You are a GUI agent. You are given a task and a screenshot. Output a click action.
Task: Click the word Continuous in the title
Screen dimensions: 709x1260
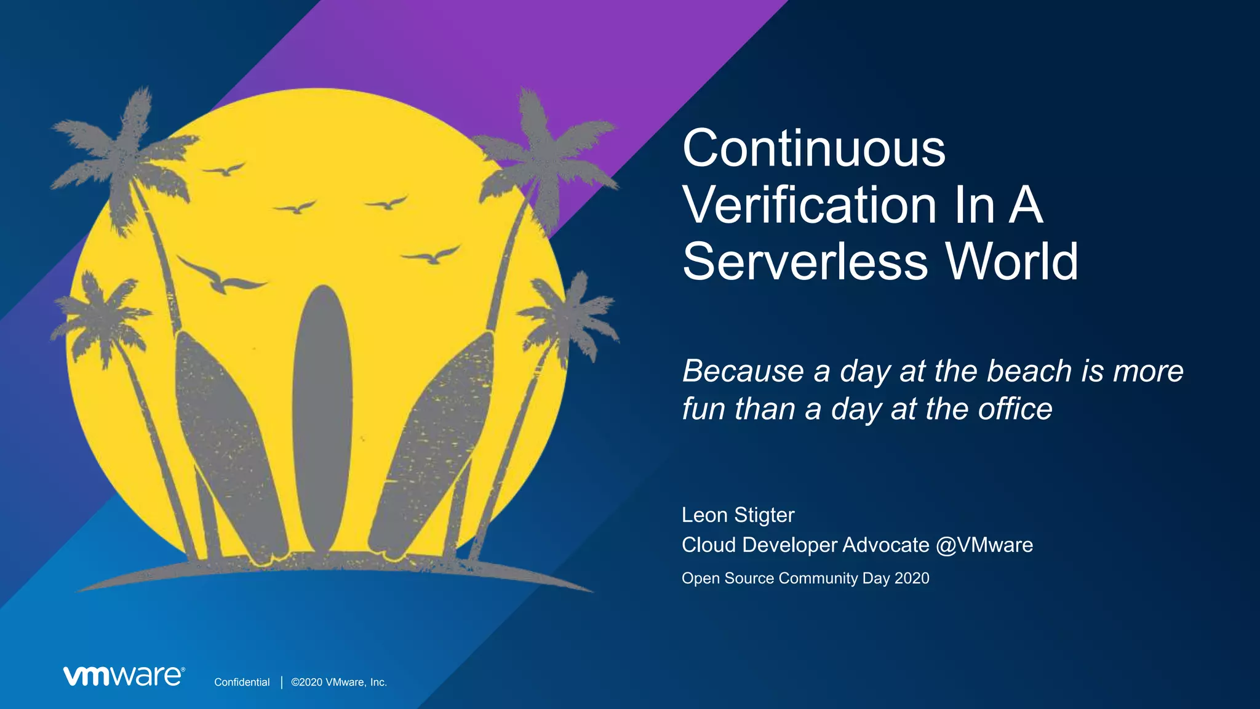pos(813,149)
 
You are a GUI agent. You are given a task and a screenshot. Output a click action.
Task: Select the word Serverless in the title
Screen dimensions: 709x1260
pos(805,262)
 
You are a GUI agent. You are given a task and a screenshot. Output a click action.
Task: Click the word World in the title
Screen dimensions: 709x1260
pos(1011,262)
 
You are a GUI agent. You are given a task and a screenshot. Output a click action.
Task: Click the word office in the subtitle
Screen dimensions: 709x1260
pos(1015,409)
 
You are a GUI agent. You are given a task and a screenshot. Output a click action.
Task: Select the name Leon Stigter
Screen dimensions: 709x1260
pos(738,515)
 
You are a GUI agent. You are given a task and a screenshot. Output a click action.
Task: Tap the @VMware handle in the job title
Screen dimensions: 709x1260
pos(984,545)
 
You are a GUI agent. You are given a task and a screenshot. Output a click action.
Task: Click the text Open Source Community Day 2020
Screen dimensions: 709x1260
pos(805,579)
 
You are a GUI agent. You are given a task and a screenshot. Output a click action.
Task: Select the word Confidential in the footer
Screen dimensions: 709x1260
pos(242,682)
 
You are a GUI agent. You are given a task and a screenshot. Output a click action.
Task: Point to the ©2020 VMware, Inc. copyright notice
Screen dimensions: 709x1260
pos(339,682)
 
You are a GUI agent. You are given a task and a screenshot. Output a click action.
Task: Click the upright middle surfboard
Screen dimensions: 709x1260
pos(322,419)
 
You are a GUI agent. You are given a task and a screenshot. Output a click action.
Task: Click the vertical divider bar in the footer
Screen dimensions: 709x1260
pos(281,682)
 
